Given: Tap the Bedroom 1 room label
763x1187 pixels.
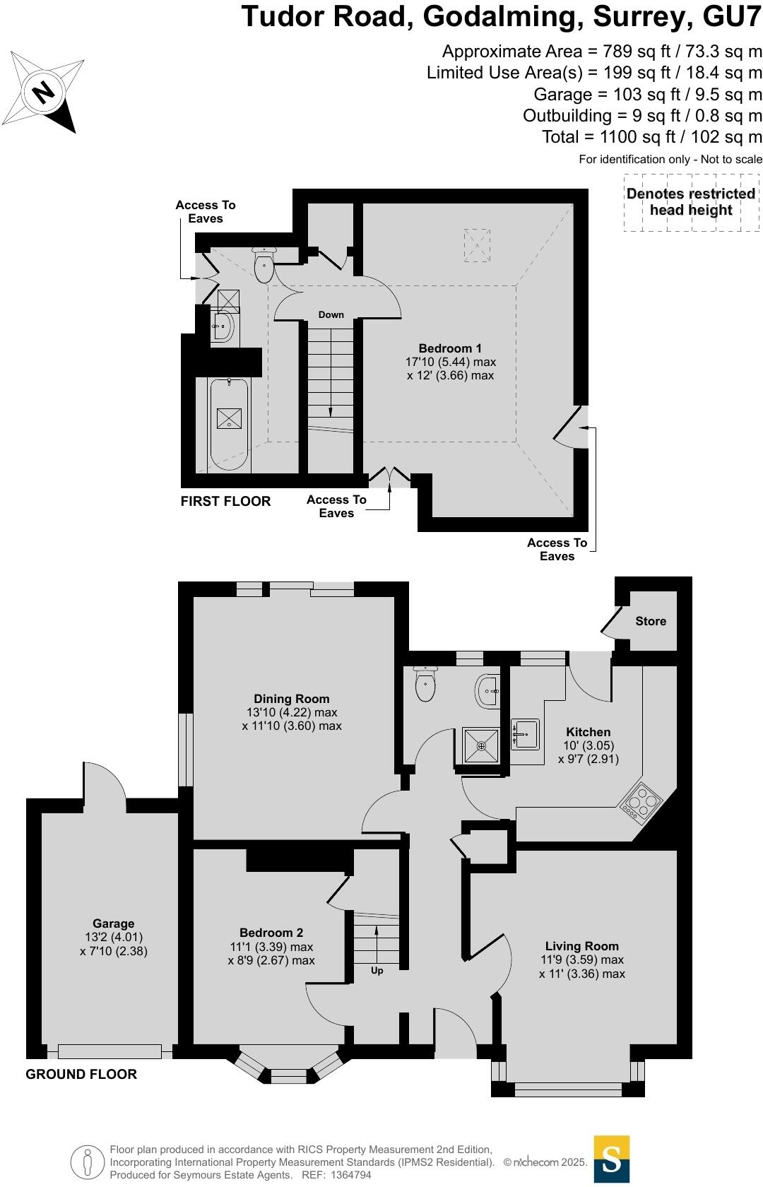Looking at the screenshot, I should pos(450,348).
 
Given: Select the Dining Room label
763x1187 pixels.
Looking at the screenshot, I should pos(292,699).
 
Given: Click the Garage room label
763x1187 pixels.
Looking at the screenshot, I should pos(113,923).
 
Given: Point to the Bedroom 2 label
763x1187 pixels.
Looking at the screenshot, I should pos(271,933).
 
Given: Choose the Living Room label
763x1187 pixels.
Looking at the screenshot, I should pos(581,946).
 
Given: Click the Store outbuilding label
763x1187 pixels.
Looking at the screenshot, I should pos(650,621).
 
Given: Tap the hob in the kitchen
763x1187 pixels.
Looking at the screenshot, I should pos(641,803).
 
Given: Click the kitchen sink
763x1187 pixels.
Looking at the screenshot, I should pos(524,735).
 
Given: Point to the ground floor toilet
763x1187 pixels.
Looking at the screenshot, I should pos(425,684).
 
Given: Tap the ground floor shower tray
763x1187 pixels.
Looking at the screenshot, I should pos(481,745).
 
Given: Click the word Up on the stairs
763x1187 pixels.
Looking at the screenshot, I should pos(377,971).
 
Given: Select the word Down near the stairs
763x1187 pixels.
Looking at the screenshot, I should pos(331,314).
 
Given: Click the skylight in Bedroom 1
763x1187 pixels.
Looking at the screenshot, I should pos(476,245).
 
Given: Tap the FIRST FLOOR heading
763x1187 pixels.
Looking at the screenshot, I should pos(225,501).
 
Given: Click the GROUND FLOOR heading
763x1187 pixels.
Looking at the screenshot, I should pos(81,1074).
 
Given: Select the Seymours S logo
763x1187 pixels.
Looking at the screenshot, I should pos(611,1159).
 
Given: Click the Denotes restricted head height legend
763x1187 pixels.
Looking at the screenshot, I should pos(691,202).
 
